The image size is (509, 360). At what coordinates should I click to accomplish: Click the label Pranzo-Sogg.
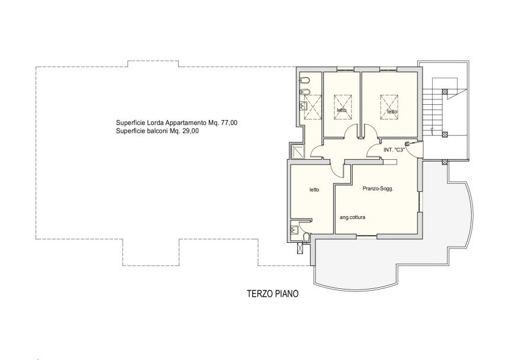[x=378, y=189]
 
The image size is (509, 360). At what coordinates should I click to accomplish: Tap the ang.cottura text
[x=352, y=217]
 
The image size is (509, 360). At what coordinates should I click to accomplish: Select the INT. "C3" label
[x=394, y=150]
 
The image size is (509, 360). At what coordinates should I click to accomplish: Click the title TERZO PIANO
[x=273, y=294]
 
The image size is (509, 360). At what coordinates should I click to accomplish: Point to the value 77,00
[x=229, y=123]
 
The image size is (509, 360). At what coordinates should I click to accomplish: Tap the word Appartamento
[x=186, y=123]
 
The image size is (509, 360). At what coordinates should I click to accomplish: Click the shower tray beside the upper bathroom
[x=298, y=152]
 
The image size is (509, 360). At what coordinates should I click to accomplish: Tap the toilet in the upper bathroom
[x=305, y=80]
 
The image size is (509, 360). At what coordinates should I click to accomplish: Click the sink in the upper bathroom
[x=304, y=105]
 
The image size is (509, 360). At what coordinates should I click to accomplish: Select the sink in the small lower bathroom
[x=295, y=230]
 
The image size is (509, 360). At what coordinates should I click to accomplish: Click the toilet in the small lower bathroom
[x=305, y=237]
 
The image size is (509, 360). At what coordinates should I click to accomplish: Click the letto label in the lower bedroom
[x=314, y=190]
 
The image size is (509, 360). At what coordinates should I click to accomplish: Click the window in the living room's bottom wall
[x=366, y=235]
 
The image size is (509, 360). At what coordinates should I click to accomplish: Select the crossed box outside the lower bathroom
[x=300, y=247]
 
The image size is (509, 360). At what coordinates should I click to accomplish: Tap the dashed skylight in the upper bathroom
[x=313, y=107]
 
